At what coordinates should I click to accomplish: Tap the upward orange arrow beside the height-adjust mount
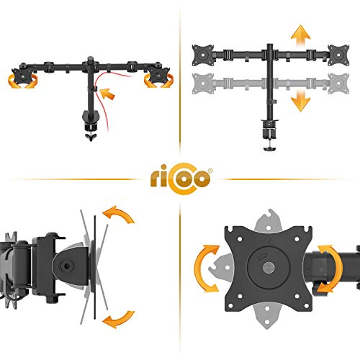coord(300,35)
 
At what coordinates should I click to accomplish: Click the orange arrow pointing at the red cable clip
coord(107,94)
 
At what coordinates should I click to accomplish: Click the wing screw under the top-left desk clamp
coord(91,138)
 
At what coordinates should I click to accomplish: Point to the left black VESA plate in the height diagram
coord(203,55)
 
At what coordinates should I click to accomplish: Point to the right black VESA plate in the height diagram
coord(338,55)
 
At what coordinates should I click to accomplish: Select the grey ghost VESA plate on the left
coord(203,84)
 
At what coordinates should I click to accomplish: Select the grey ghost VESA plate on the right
coord(338,84)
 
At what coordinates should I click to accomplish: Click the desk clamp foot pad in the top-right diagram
coord(269,149)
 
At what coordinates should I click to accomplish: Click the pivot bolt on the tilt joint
coord(67,266)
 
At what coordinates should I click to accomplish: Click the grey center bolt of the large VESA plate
coord(269,268)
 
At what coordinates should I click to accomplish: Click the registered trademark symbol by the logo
coord(210,171)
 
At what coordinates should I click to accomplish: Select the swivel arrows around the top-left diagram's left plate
coord(23,81)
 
